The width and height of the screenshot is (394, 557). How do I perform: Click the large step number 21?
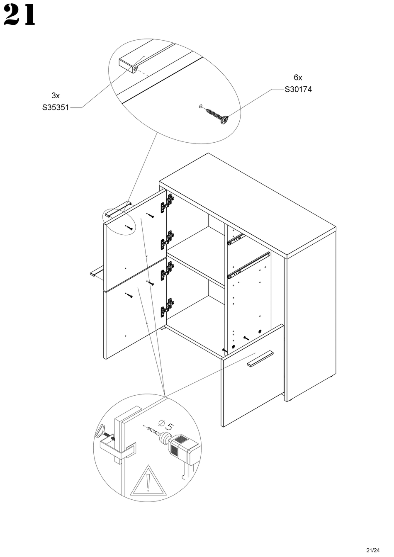pos(19,16)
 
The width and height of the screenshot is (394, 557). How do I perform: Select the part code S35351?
pos(55,107)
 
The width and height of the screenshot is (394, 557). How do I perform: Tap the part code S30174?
pos(298,89)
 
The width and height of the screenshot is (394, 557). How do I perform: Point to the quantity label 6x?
pos(298,77)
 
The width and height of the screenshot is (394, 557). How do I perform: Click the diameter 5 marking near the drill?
pos(165,425)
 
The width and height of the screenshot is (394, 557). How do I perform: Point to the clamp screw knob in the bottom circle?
pos(101,431)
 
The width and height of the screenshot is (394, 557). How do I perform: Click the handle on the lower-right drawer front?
pos(260,359)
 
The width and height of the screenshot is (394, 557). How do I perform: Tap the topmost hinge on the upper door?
pos(169,202)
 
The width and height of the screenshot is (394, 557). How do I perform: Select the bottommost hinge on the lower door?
pos(168,306)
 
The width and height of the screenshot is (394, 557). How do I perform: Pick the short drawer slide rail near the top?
pos(235,240)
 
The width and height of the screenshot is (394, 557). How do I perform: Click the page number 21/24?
pos(373,550)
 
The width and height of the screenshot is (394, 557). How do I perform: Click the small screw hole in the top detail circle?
pos(200,106)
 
